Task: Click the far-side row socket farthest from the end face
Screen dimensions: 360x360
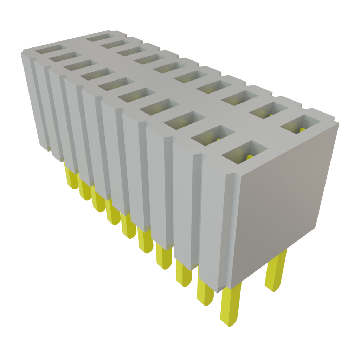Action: tap(101, 36)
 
